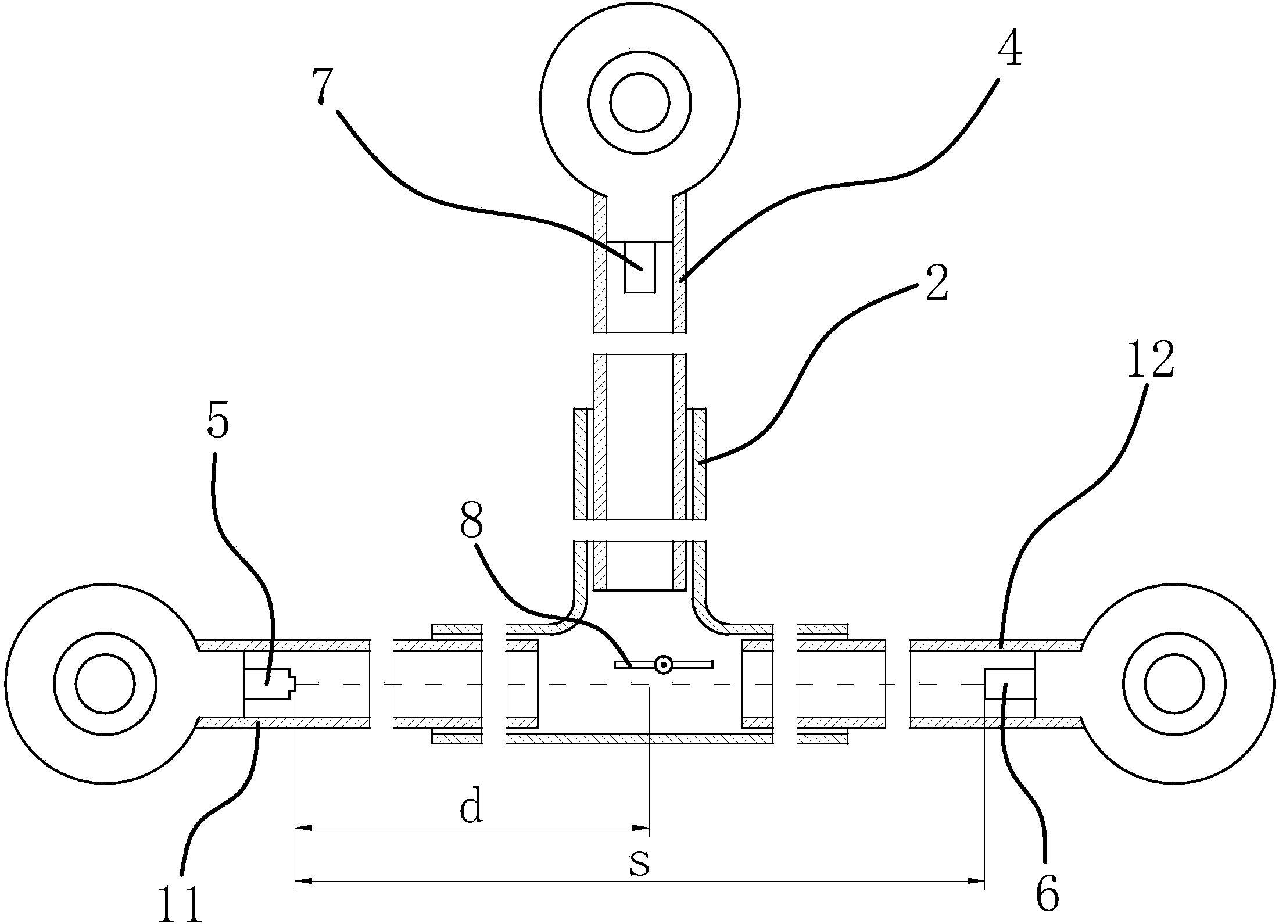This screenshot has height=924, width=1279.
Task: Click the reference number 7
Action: pyautogui.click(x=323, y=86)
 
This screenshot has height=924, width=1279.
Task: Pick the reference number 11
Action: pyautogui.click(x=181, y=904)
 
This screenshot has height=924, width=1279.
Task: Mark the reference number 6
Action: pyautogui.click(x=1048, y=896)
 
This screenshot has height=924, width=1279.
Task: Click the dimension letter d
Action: pyautogui.click(x=471, y=807)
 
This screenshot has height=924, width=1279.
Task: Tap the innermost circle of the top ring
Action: pyautogui.click(x=640, y=103)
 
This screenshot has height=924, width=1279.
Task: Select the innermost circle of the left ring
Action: pyautogui.click(x=105, y=683)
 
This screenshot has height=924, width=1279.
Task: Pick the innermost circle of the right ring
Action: pyautogui.click(x=1174, y=683)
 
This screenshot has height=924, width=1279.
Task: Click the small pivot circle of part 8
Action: pyautogui.click(x=662, y=664)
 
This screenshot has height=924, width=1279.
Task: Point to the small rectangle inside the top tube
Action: pyautogui.click(x=640, y=266)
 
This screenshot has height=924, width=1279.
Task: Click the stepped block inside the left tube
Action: pyautogui.click(x=270, y=684)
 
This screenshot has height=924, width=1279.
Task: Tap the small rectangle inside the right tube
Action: pyautogui.click(x=1009, y=684)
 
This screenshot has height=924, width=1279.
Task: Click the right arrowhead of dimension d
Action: pyautogui.click(x=641, y=828)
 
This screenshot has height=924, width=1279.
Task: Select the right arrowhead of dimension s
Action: pyautogui.click(x=976, y=897)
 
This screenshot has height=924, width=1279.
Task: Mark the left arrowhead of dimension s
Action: pyautogui.click(x=304, y=897)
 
